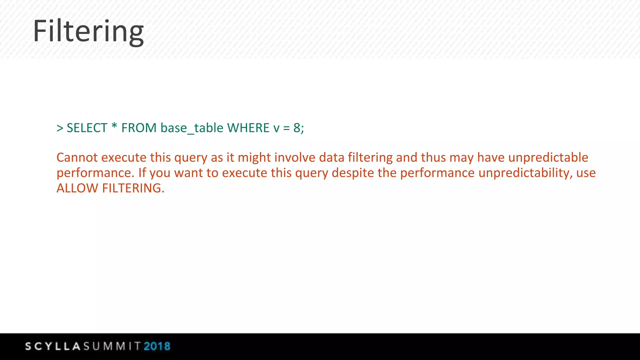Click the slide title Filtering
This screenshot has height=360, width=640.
coord(88,31)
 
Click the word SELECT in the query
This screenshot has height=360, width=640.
coord(87,128)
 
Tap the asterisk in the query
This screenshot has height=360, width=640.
coord(114,127)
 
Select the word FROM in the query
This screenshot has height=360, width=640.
coord(139,128)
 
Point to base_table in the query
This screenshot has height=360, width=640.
coord(192,128)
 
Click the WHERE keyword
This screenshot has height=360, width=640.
coord(248,128)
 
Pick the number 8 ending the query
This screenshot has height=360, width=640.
coord(297,128)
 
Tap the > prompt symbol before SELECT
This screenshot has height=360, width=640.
coord(60,128)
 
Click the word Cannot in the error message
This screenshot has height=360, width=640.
coord(77,157)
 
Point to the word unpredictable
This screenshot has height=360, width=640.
coord(548,157)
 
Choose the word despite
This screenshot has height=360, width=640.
coord(352,173)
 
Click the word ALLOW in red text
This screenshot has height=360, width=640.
coord(77,188)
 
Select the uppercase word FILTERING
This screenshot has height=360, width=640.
coord(132,188)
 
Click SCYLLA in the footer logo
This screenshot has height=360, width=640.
coord(53,346)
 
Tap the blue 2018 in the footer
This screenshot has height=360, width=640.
coord(157,346)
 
